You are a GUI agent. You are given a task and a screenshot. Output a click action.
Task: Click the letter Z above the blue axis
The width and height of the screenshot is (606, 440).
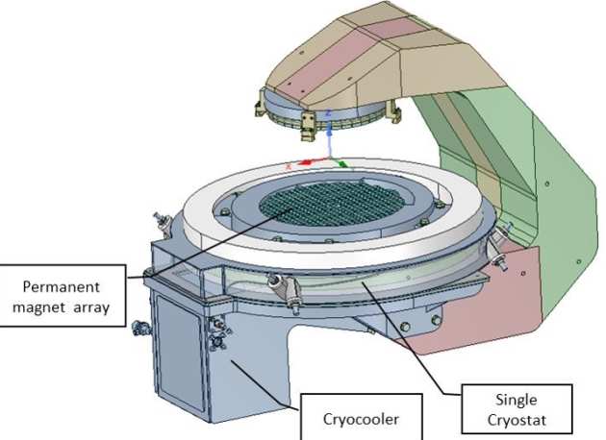click(329, 113)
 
